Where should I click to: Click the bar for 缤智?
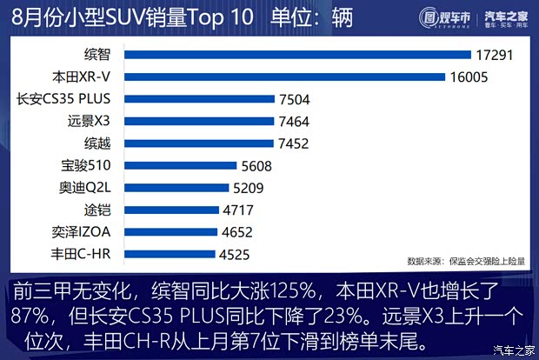coord(297,55)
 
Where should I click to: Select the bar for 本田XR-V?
coord(285,77)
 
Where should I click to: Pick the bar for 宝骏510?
coord(181,165)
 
